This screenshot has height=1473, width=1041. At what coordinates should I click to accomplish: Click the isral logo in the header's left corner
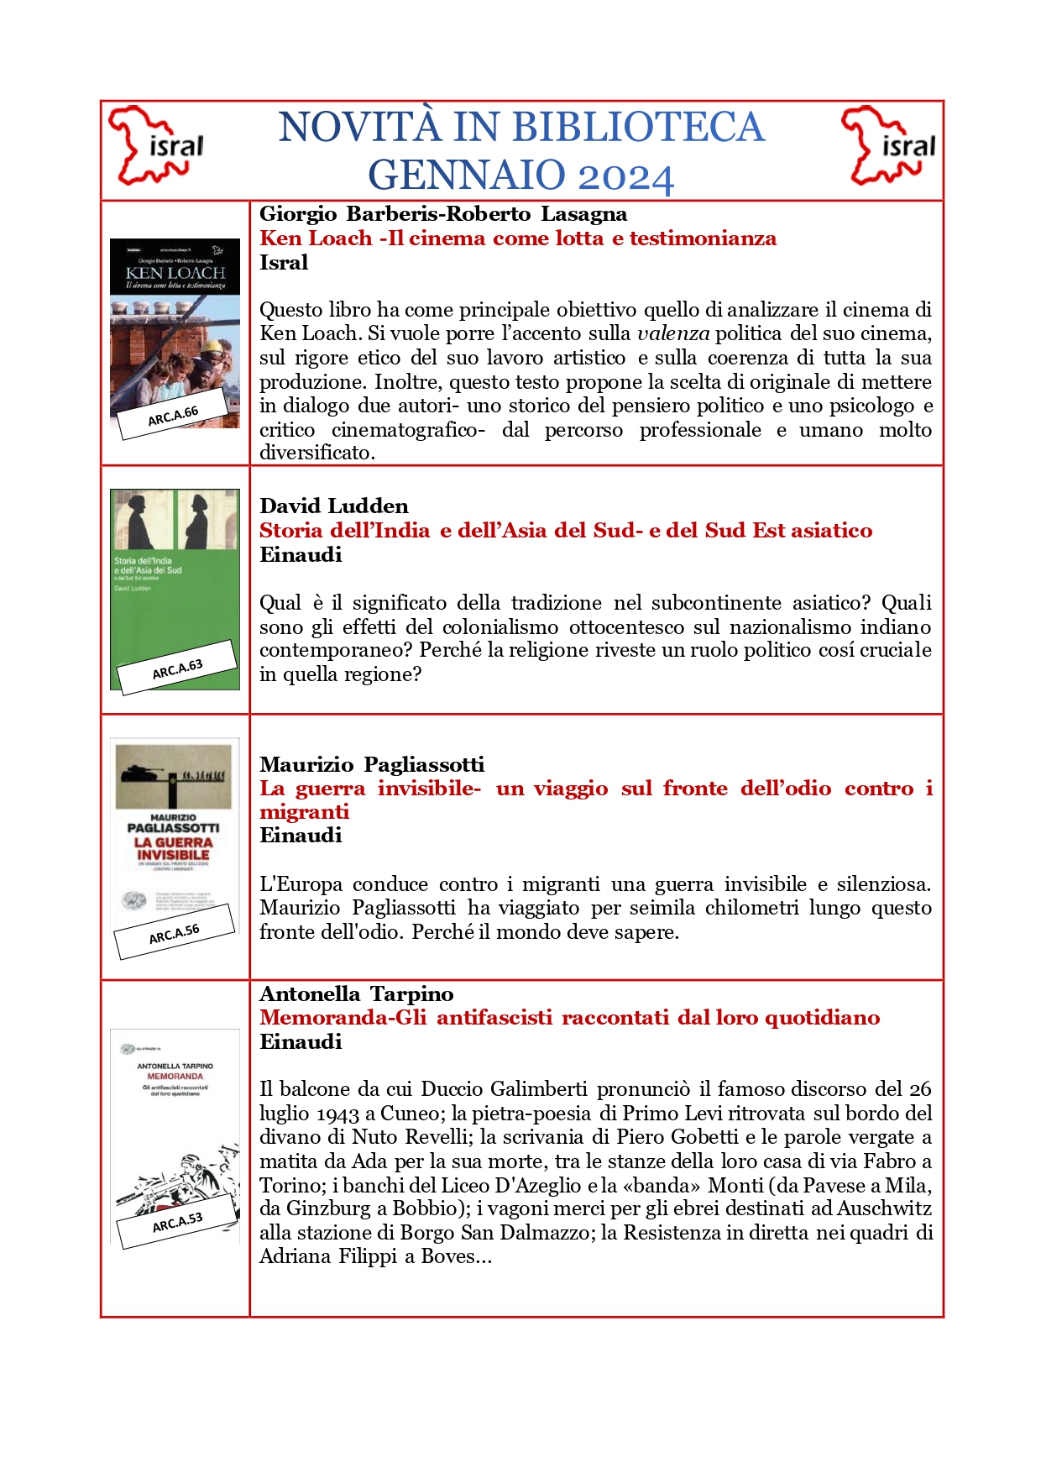(156, 145)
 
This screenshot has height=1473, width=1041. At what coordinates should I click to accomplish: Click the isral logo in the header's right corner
(888, 145)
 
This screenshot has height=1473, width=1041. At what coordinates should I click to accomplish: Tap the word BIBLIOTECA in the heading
(638, 127)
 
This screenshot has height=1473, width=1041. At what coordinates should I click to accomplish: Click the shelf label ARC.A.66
(173, 415)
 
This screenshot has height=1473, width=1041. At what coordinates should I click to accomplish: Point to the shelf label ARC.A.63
(177, 669)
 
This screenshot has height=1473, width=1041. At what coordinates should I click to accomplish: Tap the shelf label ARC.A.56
(174, 933)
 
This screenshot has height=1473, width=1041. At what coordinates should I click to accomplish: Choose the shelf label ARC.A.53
(177, 1223)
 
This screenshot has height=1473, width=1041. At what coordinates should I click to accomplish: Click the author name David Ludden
(334, 506)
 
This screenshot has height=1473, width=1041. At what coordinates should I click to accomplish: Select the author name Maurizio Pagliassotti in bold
(372, 764)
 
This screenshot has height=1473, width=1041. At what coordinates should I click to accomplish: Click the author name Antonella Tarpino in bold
(357, 993)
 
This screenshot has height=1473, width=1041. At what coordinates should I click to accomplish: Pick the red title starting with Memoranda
(569, 1018)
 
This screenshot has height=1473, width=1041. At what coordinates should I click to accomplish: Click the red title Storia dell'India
(565, 530)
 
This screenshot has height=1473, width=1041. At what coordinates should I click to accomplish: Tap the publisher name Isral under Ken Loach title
(284, 262)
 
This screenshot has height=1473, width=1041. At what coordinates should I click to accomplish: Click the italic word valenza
(673, 333)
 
